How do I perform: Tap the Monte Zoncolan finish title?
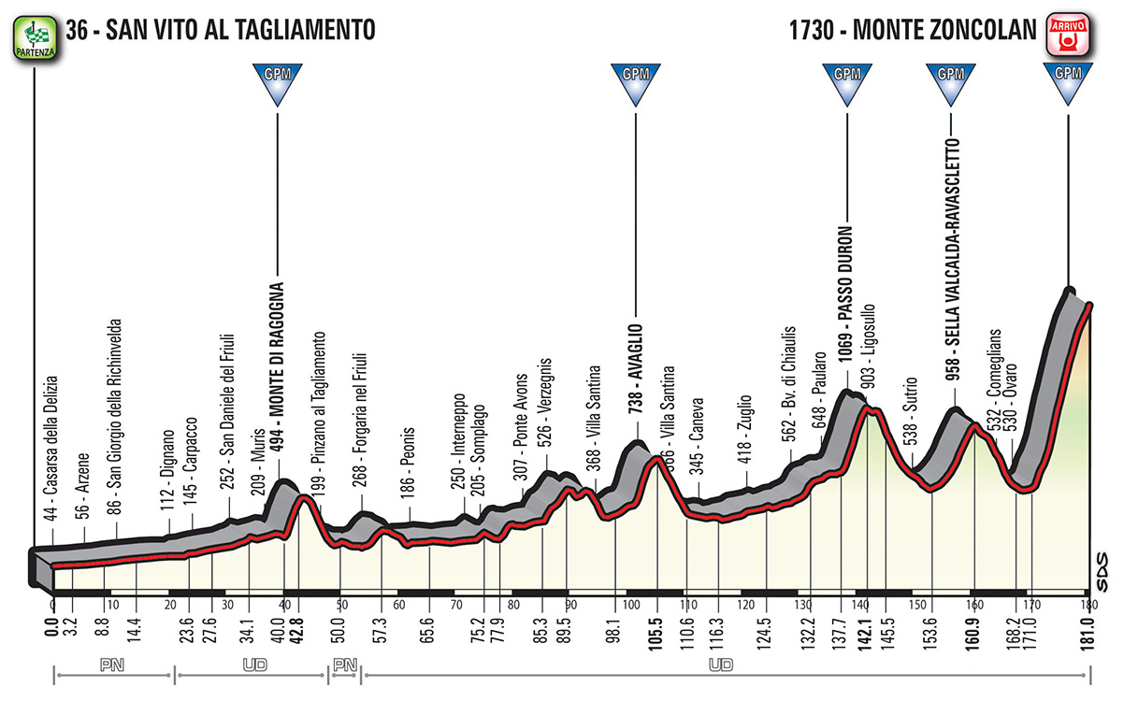[906, 30]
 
